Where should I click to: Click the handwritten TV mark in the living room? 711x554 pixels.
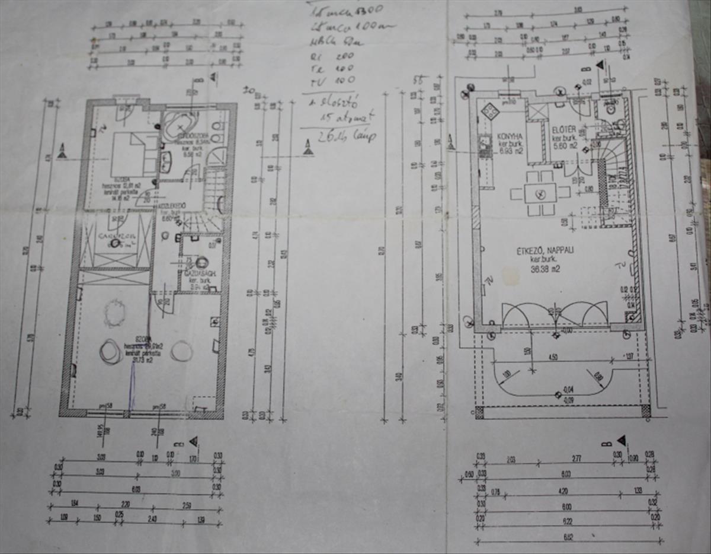pos(621,265)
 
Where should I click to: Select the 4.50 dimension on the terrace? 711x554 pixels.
pos(553,357)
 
